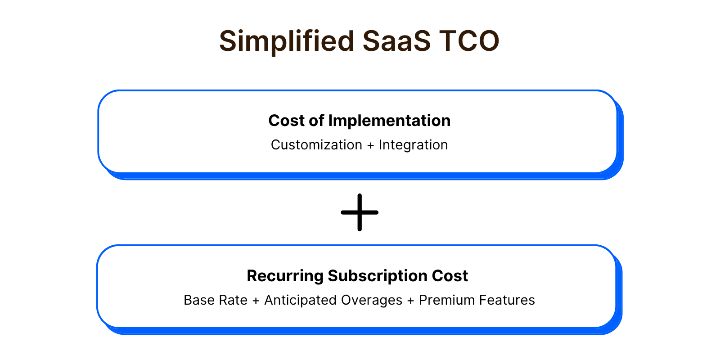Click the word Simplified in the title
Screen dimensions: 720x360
tap(287, 41)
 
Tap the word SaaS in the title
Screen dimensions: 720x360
tap(396, 41)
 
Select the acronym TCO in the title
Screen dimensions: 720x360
tap(469, 41)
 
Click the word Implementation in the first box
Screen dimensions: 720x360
tap(389, 121)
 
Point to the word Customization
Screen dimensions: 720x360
tap(317, 145)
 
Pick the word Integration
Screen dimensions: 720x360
tap(414, 145)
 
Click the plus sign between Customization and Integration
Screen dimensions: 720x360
tap(371, 146)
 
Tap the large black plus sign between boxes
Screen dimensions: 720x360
tap(360, 212)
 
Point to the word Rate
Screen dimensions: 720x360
tap(233, 300)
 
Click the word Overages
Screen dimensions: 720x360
tap(372, 301)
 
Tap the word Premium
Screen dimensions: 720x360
tap(447, 300)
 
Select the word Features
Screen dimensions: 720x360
tap(507, 300)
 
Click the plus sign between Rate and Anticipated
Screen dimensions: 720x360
tap(256, 301)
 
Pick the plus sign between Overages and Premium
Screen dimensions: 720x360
tap(411, 301)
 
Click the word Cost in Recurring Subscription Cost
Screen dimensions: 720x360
tap(450, 276)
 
